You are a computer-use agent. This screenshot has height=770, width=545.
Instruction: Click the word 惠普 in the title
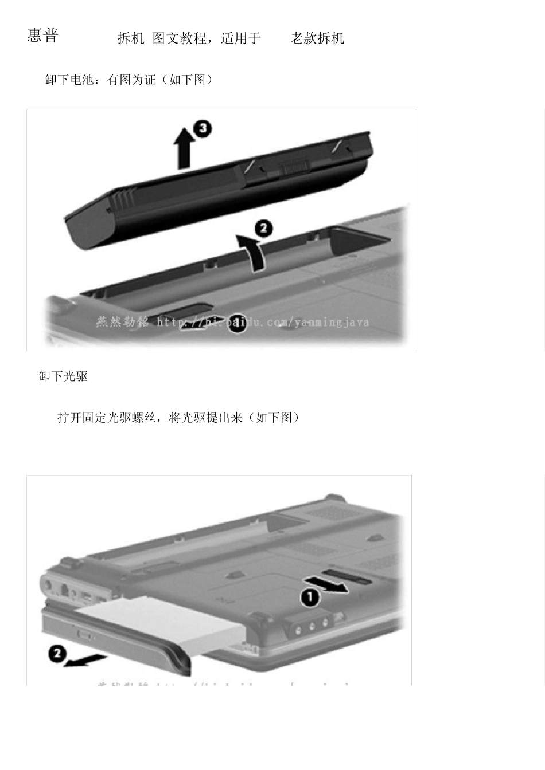[42, 36]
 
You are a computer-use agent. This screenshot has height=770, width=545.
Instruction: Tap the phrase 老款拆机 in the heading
[317, 38]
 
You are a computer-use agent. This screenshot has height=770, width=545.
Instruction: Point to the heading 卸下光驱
[63, 376]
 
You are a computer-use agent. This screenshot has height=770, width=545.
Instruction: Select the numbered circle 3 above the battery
[202, 128]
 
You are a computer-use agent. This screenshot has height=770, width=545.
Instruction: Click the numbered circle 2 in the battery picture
[263, 229]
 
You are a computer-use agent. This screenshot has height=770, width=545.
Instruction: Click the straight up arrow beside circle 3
[184, 148]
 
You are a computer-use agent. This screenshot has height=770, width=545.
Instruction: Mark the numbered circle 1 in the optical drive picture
[310, 598]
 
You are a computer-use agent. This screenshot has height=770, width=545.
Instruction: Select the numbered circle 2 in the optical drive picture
[57, 653]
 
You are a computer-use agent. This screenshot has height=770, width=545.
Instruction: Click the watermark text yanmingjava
[333, 322]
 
